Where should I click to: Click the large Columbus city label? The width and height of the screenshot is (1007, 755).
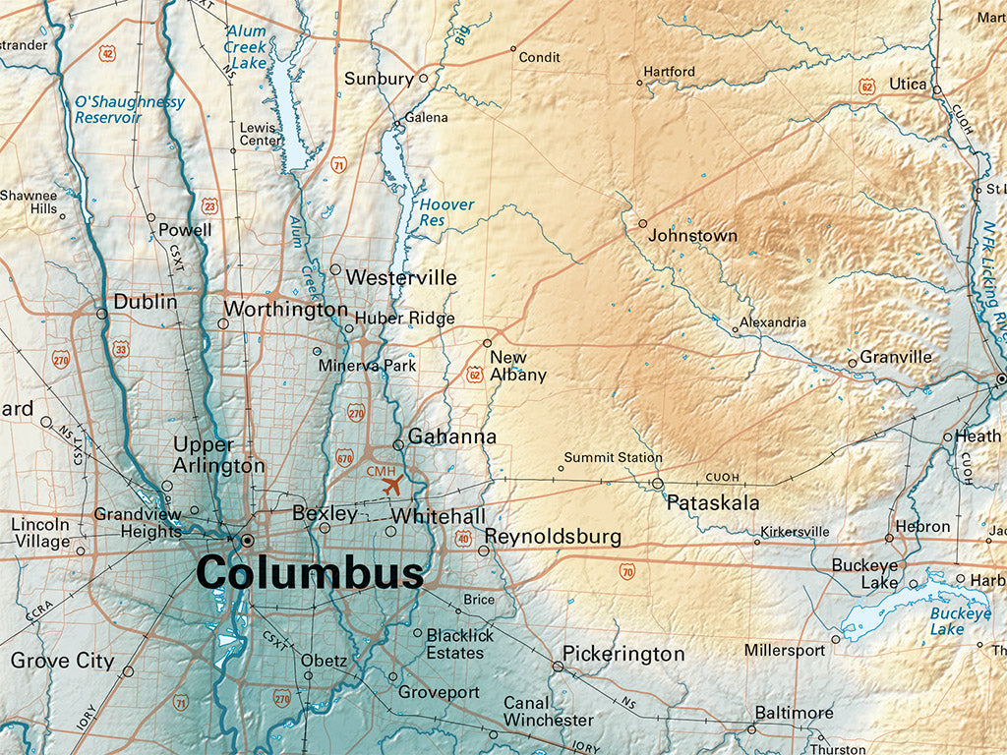pyautogui.click(x=310, y=572)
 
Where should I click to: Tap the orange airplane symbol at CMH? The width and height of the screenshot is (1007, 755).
pyautogui.click(x=391, y=485)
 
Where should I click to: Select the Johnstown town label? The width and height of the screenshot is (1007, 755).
pyautogui.click(x=692, y=236)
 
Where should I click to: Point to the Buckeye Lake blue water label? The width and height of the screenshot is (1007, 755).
pyautogui.click(x=961, y=621)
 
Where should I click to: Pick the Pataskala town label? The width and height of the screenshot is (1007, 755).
pyautogui.click(x=713, y=503)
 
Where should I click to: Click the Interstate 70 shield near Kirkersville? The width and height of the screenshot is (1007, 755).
pyautogui.click(x=626, y=570)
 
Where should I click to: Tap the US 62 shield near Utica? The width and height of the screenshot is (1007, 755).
pyautogui.click(x=866, y=87)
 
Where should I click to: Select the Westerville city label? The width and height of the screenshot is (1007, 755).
pyautogui.click(x=401, y=277)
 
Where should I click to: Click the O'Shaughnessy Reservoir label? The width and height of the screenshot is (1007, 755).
pyautogui.click(x=129, y=109)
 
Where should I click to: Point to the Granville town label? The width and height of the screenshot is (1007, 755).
pyautogui.click(x=895, y=357)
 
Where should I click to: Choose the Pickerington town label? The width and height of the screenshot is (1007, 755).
pyautogui.click(x=623, y=654)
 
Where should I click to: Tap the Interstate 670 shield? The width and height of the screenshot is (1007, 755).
pyautogui.click(x=344, y=457)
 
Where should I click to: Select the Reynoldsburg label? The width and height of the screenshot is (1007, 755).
pyautogui.click(x=552, y=537)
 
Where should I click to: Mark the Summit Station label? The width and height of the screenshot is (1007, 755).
pyautogui.click(x=612, y=457)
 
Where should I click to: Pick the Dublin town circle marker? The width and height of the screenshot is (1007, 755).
pyautogui.click(x=101, y=314)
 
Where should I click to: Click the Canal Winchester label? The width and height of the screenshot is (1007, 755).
pyautogui.click(x=548, y=712)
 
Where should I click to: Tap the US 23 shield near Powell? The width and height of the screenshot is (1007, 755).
pyautogui.click(x=209, y=205)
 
